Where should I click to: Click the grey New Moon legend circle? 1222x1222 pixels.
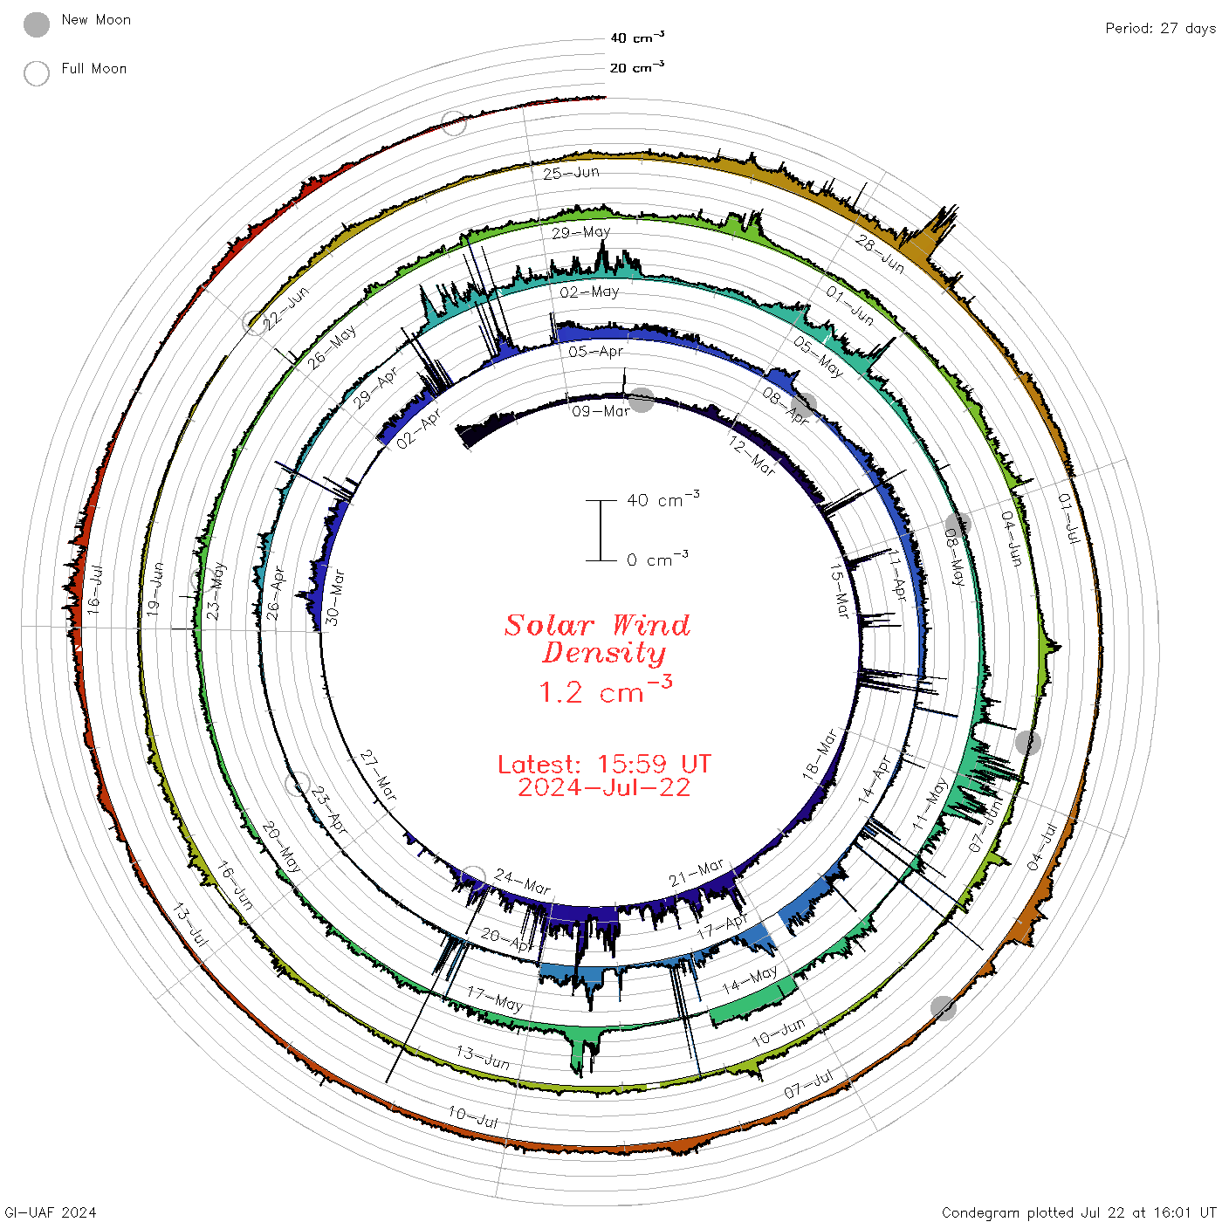36,24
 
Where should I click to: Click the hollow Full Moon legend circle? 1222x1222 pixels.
36,73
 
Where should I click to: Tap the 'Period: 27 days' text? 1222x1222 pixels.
1160,29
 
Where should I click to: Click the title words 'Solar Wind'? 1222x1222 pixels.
597,625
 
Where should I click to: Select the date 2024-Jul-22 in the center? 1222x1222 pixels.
604,787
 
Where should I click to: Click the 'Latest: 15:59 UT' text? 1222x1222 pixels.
604,764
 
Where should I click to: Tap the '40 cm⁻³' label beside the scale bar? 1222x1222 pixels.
662,498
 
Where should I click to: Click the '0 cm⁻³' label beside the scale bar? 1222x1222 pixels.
657,559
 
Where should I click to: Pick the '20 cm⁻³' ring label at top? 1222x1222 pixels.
636,66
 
